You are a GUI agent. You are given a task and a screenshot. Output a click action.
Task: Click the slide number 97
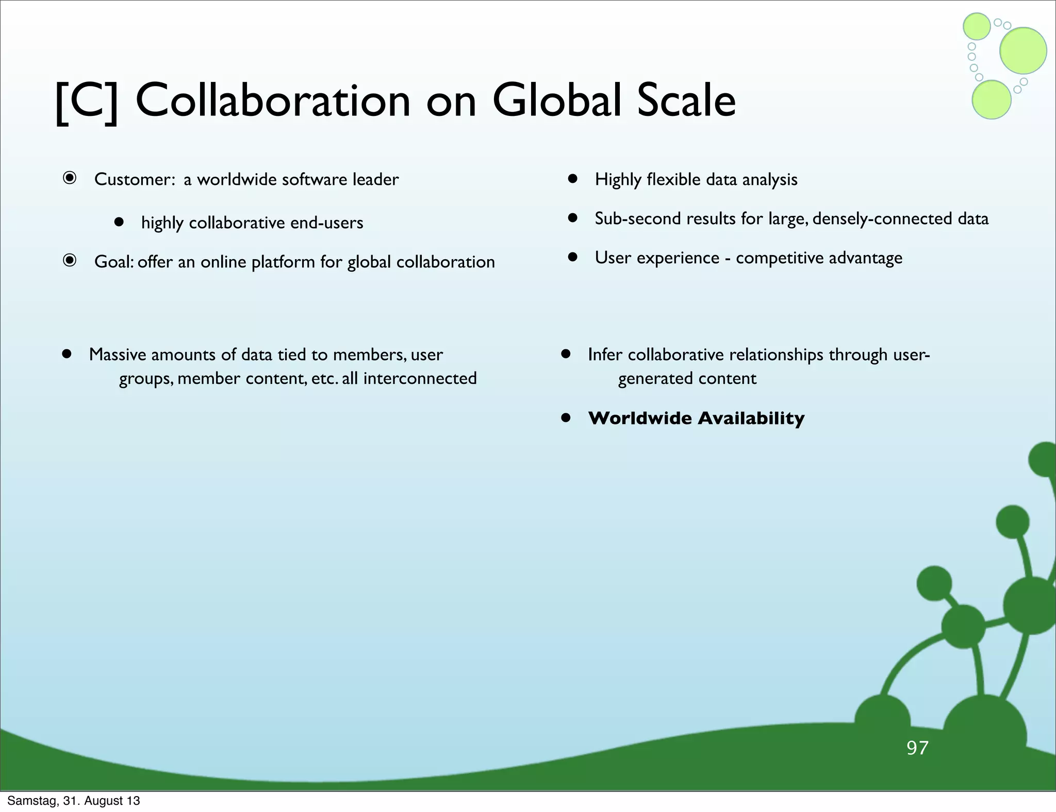[917, 748]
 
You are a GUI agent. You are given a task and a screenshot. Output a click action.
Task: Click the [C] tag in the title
[87, 102]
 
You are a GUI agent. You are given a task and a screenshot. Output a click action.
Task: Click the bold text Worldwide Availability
[696, 418]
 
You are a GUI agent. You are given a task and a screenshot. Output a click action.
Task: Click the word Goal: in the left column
[114, 262]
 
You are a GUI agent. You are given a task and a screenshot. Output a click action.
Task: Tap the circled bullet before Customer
[70, 178]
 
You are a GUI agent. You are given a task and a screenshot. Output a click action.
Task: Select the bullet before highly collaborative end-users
[119, 222]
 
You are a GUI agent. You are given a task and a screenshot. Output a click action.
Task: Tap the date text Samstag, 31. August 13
[73, 801]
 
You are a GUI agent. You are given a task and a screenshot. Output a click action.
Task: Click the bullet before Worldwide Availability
[566, 418]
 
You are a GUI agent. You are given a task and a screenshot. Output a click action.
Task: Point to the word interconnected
[420, 378]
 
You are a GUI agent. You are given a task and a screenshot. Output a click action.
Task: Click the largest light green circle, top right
[1023, 50]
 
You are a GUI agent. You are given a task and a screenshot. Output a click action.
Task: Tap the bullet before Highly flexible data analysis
[572, 179]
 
